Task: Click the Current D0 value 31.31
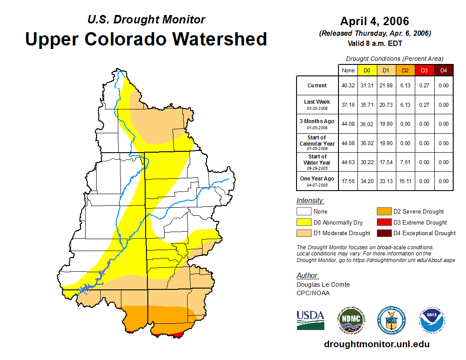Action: point(367,86)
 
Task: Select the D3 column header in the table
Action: point(424,70)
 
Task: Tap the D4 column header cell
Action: point(443,70)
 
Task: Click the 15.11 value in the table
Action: point(405,181)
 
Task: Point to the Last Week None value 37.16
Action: point(348,105)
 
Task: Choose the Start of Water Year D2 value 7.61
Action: point(405,162)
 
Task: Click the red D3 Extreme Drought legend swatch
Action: point(383,222)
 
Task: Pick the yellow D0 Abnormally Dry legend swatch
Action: point(303,222)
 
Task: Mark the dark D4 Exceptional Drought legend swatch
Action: point(383,233)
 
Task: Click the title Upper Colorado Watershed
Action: point(146,39)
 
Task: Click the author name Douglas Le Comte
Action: point(323,285)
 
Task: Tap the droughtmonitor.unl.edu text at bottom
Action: point(376,344)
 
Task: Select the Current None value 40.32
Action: point(348,86)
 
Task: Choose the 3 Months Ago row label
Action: point(317,123)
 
